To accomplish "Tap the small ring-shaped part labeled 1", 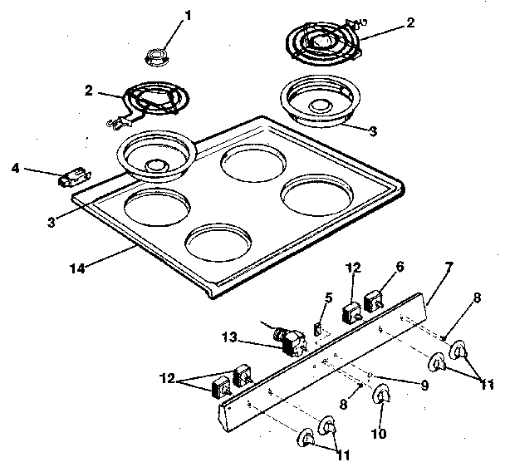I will pyautogui.click(x=156, y=57).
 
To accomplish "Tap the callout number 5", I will pyautogui.click(x=328, y=297).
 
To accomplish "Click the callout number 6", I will pyautogui.click(x=400, y=267).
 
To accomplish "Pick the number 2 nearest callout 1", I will pyautogui.click(x=90, y=90).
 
